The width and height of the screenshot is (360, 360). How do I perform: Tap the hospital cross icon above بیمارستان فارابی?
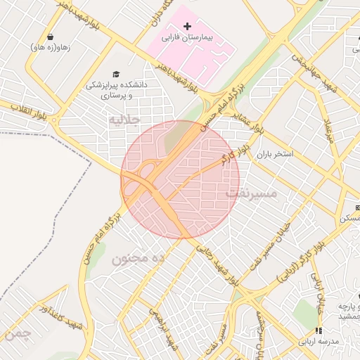(187, 26)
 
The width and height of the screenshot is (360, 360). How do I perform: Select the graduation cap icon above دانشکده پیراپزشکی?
(116, 74)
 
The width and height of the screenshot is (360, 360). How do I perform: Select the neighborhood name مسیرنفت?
(251, 192)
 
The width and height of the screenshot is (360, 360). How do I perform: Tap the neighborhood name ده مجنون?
(138, 258)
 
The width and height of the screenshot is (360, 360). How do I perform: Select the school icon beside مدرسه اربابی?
(318, 330)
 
